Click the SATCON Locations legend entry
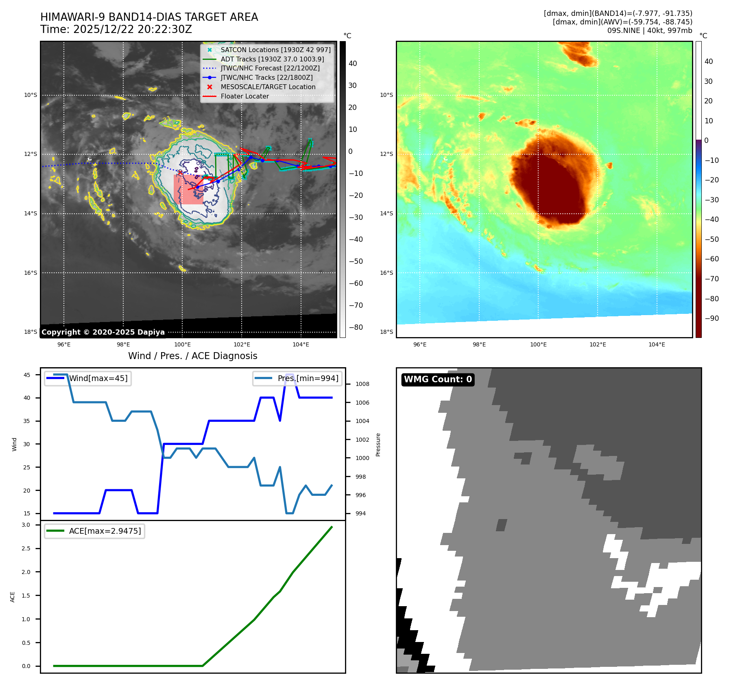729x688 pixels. click(275, 50)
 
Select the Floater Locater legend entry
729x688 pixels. click(244, 96)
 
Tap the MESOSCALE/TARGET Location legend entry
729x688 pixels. click(268, 87)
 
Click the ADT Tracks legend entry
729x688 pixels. click(272, 59)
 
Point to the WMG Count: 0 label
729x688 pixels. click(438, 379)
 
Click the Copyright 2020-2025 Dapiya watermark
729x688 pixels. click(103, 332)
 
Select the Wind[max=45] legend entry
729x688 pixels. click(98, 378)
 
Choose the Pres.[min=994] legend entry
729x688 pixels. click(308, 378)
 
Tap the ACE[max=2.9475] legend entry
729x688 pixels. click(105, 531)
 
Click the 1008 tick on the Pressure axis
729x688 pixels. click(362, 384)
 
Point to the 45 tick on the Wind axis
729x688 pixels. click(27, 375)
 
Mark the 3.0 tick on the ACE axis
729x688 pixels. click(26, 525)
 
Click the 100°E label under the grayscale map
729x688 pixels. click(182, 344)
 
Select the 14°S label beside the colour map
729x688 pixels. click(386, 213)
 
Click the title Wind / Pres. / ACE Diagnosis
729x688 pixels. click(192, 356)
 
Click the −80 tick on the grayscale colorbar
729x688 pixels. click(356, 327)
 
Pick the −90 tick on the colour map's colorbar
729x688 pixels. click(712, 318)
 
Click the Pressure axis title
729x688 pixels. click(378, 445)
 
